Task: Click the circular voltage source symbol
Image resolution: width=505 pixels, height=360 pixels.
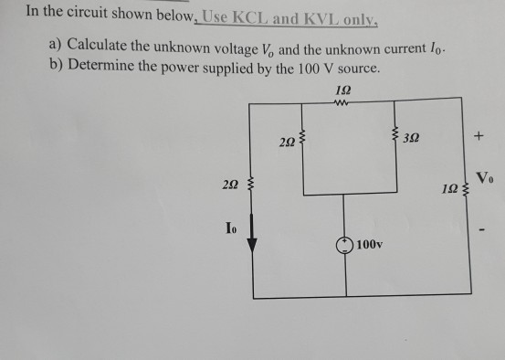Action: [x=345, y=246]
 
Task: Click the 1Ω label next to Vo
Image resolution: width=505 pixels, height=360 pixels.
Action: [x=453, y=195]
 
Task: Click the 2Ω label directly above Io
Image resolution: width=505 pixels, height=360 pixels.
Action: [x=231, y=185]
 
